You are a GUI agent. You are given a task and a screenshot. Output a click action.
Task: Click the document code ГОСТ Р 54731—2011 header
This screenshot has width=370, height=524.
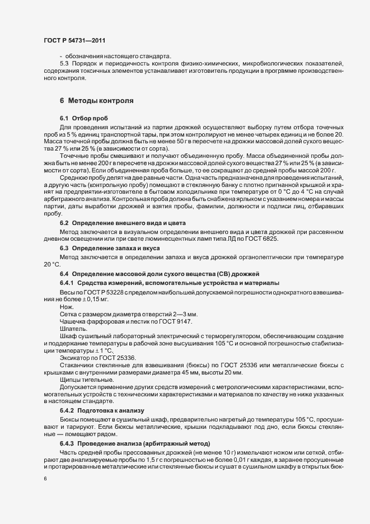(73, 41)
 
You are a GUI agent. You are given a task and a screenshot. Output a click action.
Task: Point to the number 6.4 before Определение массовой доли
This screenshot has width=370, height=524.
(64, 273)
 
